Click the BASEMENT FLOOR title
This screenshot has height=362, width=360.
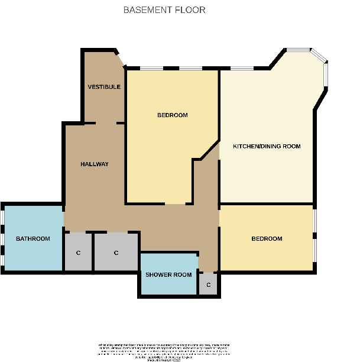pyautogui.click(x=164, y=10)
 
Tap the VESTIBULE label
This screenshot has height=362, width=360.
pyautogui.click(x=104, y=87)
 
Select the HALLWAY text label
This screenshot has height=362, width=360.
pyautogui.click(x=95, y=164)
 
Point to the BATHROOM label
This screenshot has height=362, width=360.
pyautogui.click(x=33, y=238)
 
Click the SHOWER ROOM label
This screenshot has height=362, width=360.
pyautogui.click(x=168, y=274)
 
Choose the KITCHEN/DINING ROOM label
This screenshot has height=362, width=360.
pyautogui.click(x=267, y=146)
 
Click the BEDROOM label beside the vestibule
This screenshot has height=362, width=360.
pyautogui.click(x=172, y=115)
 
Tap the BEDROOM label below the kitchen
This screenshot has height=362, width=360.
pyautogui.click(x=267, y=238)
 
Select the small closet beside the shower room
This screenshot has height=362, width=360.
pyautogui.click(x=208, y=285)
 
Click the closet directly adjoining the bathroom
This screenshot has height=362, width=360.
pyautogui.click(x=78, y=252)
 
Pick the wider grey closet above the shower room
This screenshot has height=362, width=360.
pyautogui.click(x=116, y=252)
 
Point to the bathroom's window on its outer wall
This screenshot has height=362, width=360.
pyautogui.click(x=2, y=238)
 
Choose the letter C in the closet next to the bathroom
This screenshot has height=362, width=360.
pyautogui.click(x=78, y=253)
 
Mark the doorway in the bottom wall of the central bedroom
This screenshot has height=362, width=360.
pyautogui.click(x=176, y=204)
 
